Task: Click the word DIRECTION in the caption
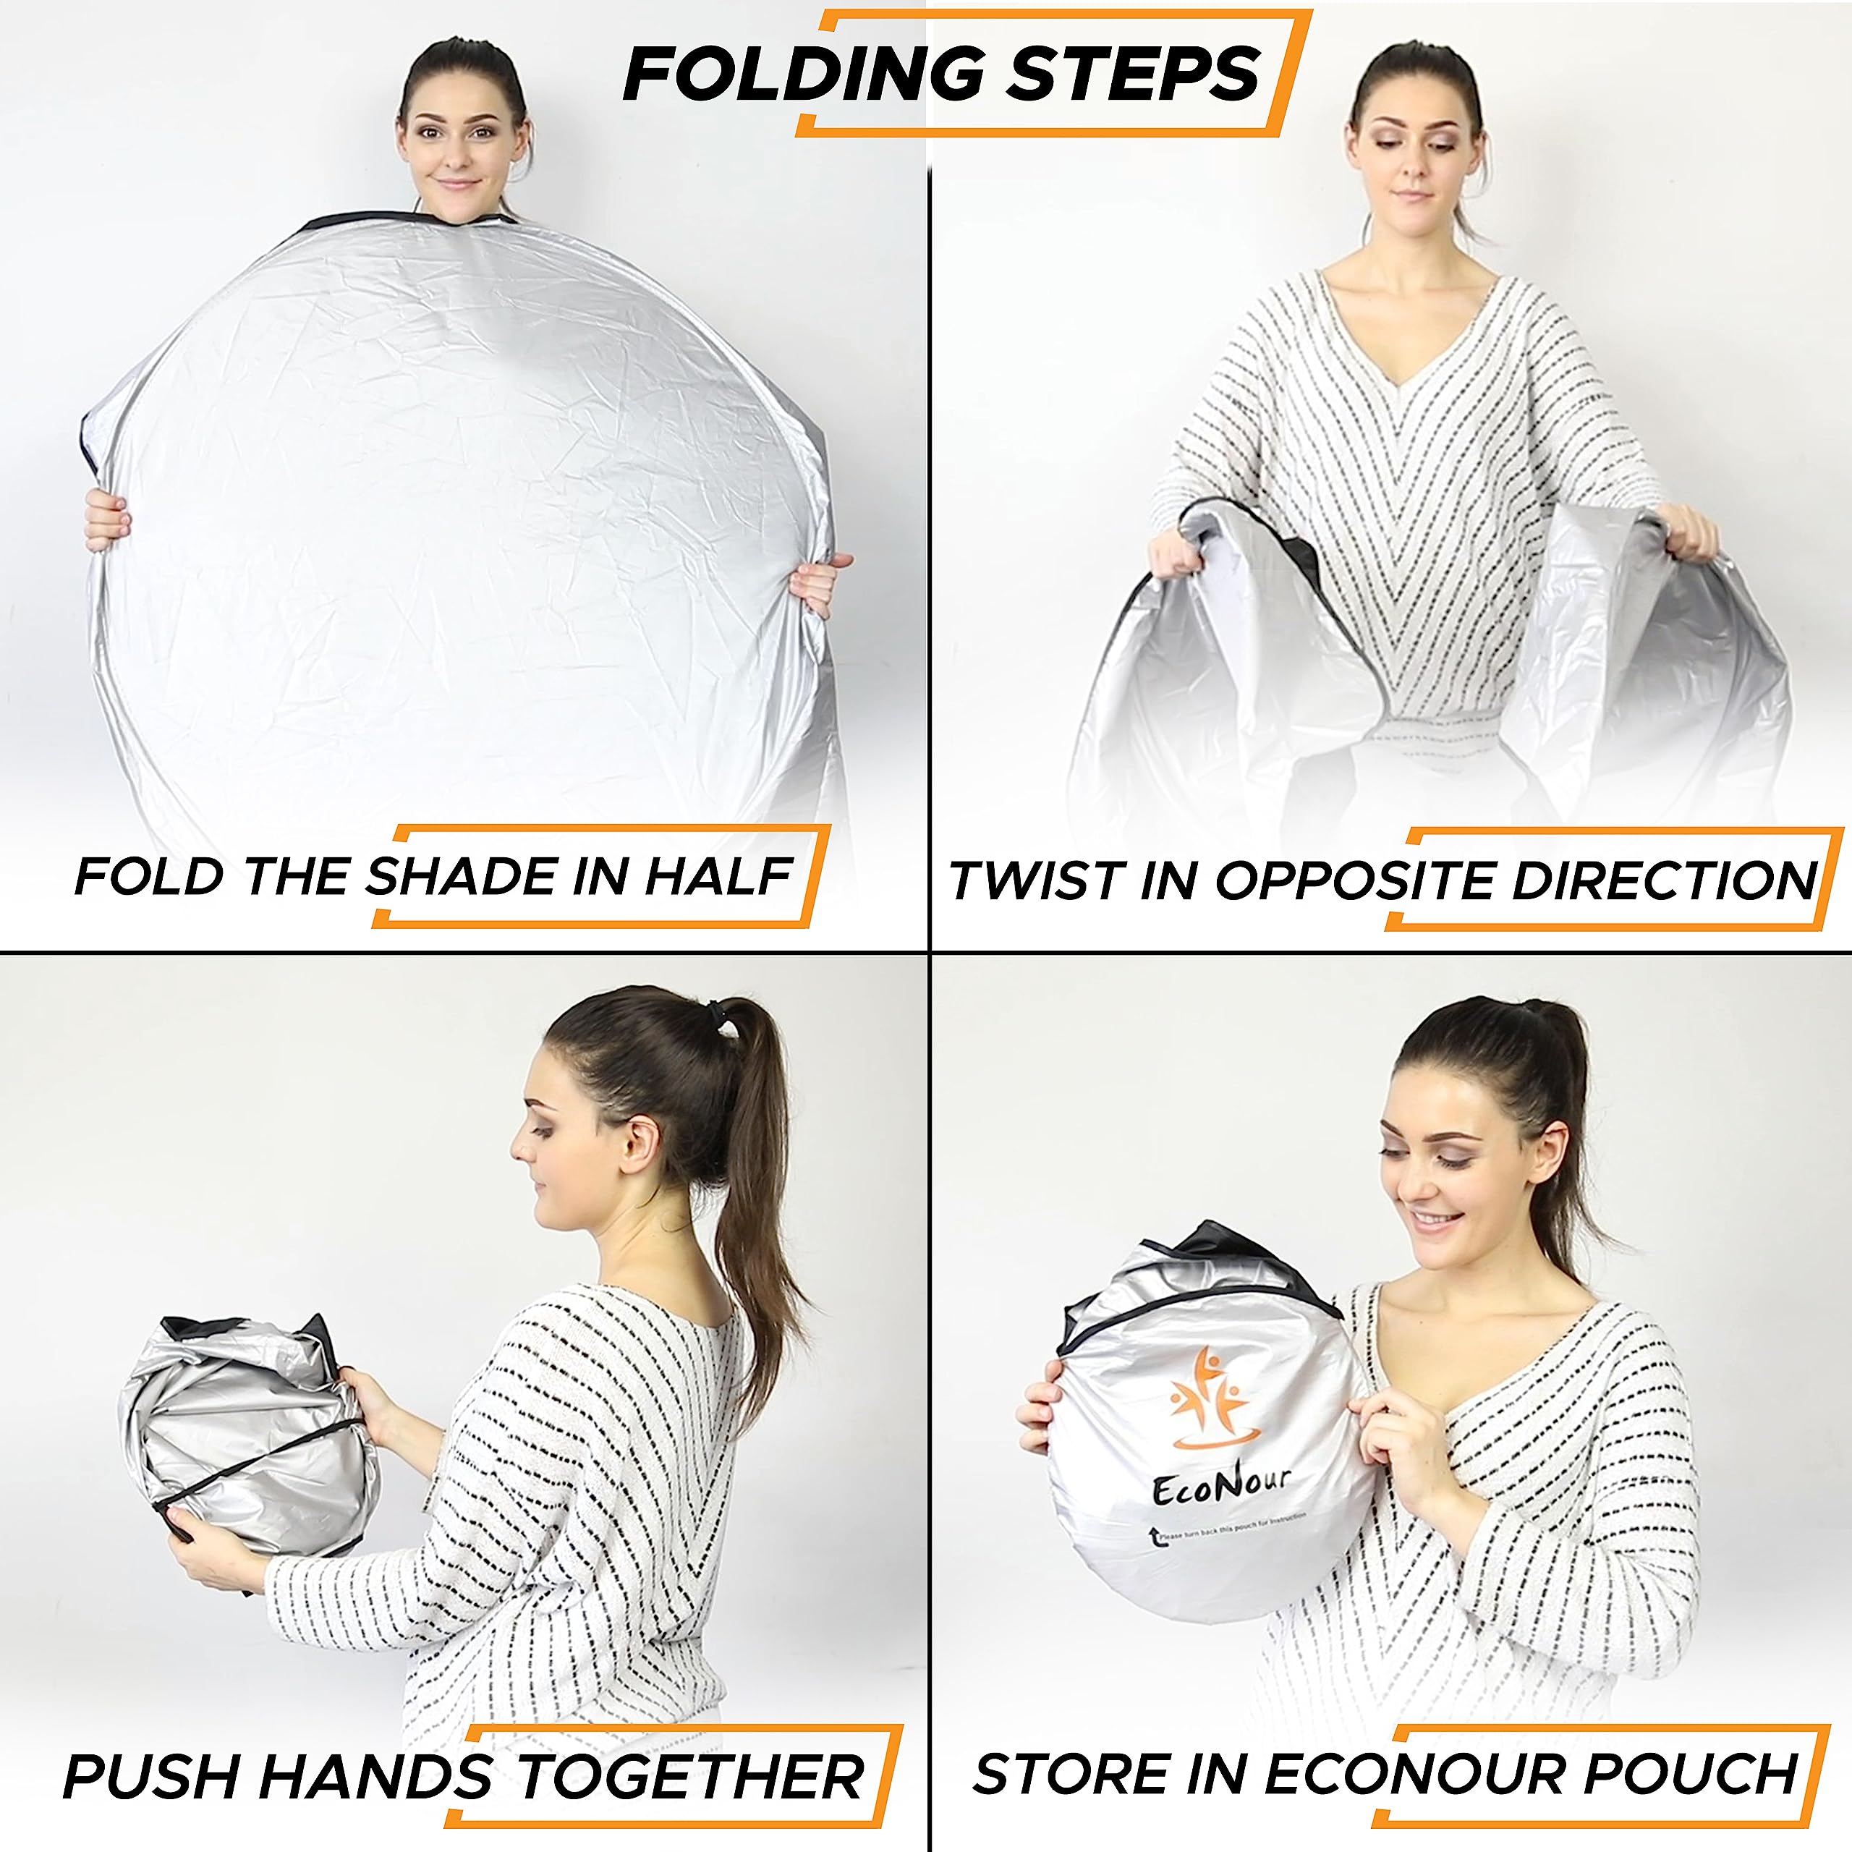1664,880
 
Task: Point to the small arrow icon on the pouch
1154,1537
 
